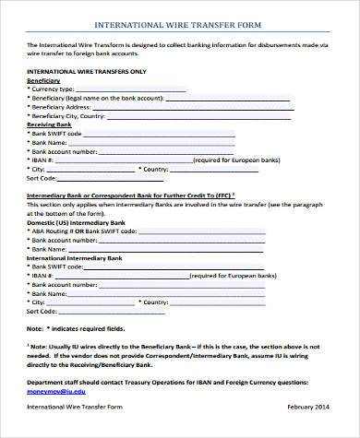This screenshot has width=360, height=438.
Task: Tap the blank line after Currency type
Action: pos(130,90)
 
